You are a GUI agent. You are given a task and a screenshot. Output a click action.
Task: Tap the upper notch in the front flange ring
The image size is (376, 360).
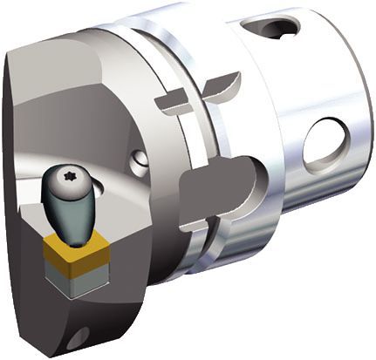point(171,103)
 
